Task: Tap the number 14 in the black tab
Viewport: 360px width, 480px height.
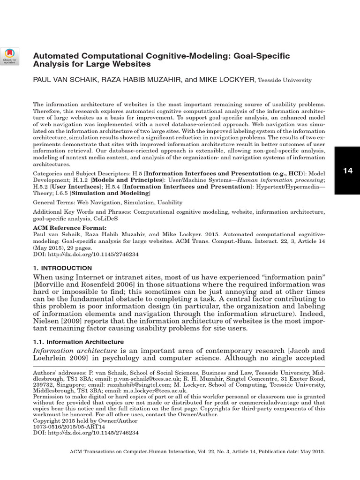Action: (347, 171)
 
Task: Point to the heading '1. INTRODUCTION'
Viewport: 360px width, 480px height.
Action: (62, 268)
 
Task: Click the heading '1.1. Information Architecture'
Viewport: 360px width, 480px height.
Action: (78, 342)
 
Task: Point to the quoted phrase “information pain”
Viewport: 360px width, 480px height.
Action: (285, 278)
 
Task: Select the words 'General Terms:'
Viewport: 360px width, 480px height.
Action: (52, 202)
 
